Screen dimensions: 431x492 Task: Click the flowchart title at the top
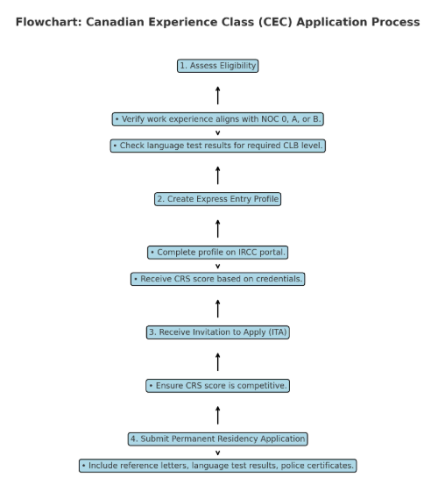(x=217, y=22)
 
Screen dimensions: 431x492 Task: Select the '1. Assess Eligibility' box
(x=217, y=66)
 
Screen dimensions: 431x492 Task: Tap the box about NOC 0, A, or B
(x=217, y=119)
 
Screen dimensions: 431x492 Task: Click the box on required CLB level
(x=217, y=146)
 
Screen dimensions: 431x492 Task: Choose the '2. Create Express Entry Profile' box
(x=217, y=199)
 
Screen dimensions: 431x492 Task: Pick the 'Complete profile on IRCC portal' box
(x=217, y=253)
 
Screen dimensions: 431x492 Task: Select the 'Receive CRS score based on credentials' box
(x=217, y=279)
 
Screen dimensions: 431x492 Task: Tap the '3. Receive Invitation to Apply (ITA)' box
(x=217, y=332)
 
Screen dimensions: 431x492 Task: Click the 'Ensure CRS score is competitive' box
(x=217, y=386)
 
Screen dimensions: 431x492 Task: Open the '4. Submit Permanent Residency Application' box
(x=217, y=439)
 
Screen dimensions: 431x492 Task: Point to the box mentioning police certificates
(x=217, y=466)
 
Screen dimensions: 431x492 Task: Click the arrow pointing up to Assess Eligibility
(x=217, y=96)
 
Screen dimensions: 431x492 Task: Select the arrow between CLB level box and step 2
(x=217, y=175)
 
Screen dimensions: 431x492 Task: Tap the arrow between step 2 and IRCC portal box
(x=217, y=229)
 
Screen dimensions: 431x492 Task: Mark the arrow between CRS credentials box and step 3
(x=217, y=309)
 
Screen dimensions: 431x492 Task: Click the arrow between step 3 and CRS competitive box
(x=217, y=362)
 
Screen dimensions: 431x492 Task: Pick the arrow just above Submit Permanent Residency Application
(x=217, y=416)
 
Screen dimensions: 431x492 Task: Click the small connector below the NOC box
(x=217, y=133)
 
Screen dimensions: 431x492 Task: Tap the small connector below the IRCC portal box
(x=217, y=267)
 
